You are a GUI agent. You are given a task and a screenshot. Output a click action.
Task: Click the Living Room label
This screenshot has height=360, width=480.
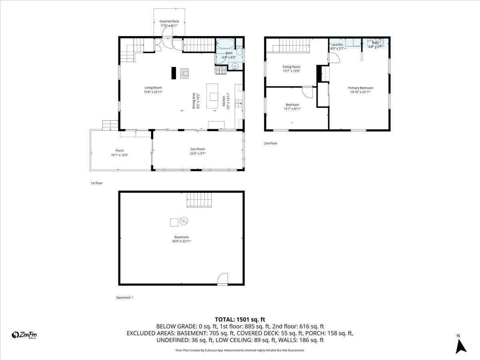(x=153, y=88)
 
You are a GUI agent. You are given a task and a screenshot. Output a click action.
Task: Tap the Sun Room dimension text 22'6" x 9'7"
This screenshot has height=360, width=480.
(x=198, y=154)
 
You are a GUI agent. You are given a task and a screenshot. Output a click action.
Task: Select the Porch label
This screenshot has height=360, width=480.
(x=120, y=150)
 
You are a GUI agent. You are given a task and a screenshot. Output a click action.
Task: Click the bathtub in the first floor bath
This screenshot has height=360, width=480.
(x=226, y=43)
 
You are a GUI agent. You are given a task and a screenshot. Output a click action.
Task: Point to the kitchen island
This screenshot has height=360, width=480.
(x=213, y=96)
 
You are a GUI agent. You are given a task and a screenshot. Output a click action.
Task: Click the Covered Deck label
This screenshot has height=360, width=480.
(x=169, y=21)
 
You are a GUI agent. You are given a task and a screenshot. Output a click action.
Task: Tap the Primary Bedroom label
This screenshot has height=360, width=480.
(x=360, y=88)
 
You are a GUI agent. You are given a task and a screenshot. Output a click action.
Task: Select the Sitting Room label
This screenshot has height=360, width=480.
(x=291, y=67)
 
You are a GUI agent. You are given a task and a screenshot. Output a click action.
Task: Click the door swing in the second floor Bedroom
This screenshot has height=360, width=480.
(x=308, y=92)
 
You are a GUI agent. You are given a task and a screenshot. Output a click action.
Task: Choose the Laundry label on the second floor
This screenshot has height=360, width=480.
(x=337, y=44)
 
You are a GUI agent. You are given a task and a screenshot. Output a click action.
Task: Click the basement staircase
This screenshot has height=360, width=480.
(x=199, y=199)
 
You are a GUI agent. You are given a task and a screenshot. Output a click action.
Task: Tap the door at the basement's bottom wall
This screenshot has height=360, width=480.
(x=222, y=279)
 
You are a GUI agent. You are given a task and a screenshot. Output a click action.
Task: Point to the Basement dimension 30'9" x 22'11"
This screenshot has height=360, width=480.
(x=181, y=241)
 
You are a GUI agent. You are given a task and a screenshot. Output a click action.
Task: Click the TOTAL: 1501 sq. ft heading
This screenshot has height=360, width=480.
(x=240, y=319)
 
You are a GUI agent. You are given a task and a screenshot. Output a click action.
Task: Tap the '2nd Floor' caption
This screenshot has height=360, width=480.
(x=270, y=143)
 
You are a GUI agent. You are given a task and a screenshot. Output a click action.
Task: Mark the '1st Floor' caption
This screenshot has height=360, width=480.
(x=96, y=183)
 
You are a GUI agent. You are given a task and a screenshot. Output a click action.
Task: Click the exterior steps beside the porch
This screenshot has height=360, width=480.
(x=109, y=125)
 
